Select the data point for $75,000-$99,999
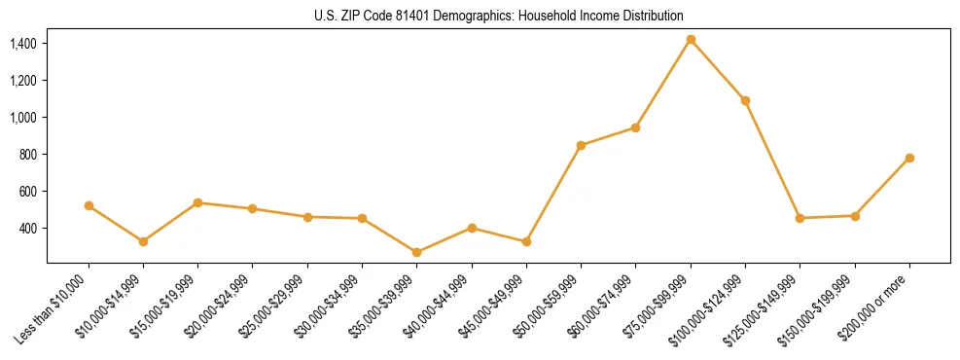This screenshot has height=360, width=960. (691, 40)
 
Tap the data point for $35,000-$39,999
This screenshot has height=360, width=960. (417, 252)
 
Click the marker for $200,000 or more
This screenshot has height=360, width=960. (909, 158)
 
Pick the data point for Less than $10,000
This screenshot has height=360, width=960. (89, 205)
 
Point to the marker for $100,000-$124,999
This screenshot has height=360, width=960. (745, 100)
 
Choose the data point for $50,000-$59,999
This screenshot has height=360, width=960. (581, 145)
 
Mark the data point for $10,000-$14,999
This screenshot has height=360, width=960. (144, 241)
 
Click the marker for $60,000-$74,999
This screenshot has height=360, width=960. (635, 127)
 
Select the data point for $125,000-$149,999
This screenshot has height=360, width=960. (800, 218)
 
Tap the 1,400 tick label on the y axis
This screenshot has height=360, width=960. (23, 44)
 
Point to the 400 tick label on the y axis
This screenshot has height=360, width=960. (28, 229)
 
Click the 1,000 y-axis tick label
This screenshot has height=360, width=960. (23, 118)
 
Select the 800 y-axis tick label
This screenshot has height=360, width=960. (28, 155)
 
